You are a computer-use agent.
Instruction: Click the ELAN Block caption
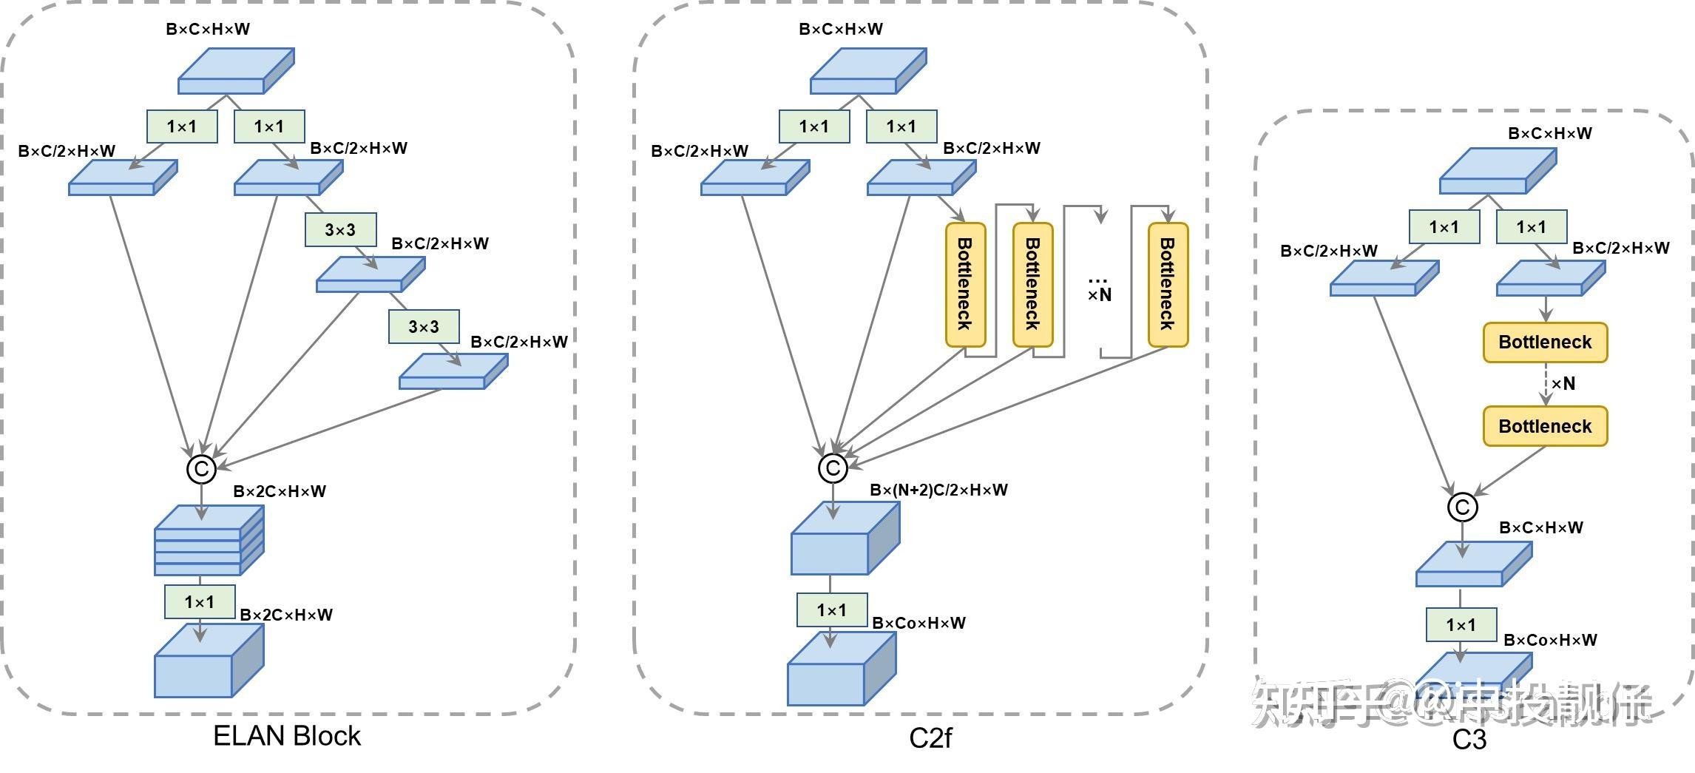287,736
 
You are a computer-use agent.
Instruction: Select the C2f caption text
930,737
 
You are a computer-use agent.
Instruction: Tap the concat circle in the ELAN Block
201,469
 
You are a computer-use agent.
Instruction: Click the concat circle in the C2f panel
833,468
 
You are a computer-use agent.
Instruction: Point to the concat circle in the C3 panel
1462,507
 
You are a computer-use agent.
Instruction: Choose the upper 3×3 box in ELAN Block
340,230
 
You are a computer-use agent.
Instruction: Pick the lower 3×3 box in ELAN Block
424,327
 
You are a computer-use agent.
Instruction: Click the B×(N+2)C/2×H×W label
938,490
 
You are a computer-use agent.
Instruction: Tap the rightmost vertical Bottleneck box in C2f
1168,285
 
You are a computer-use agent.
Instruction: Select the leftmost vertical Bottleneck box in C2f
966,285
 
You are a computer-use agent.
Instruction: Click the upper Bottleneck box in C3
1545,342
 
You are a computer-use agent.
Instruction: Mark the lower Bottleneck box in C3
1545,427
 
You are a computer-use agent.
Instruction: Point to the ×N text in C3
1563,384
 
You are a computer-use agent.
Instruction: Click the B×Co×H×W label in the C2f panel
918,623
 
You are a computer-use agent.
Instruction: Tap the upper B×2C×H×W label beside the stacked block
280,491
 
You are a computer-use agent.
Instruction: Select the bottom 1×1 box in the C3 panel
1461,625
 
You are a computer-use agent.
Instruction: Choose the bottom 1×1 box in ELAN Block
200,602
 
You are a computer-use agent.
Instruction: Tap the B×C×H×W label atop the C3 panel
1550,134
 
